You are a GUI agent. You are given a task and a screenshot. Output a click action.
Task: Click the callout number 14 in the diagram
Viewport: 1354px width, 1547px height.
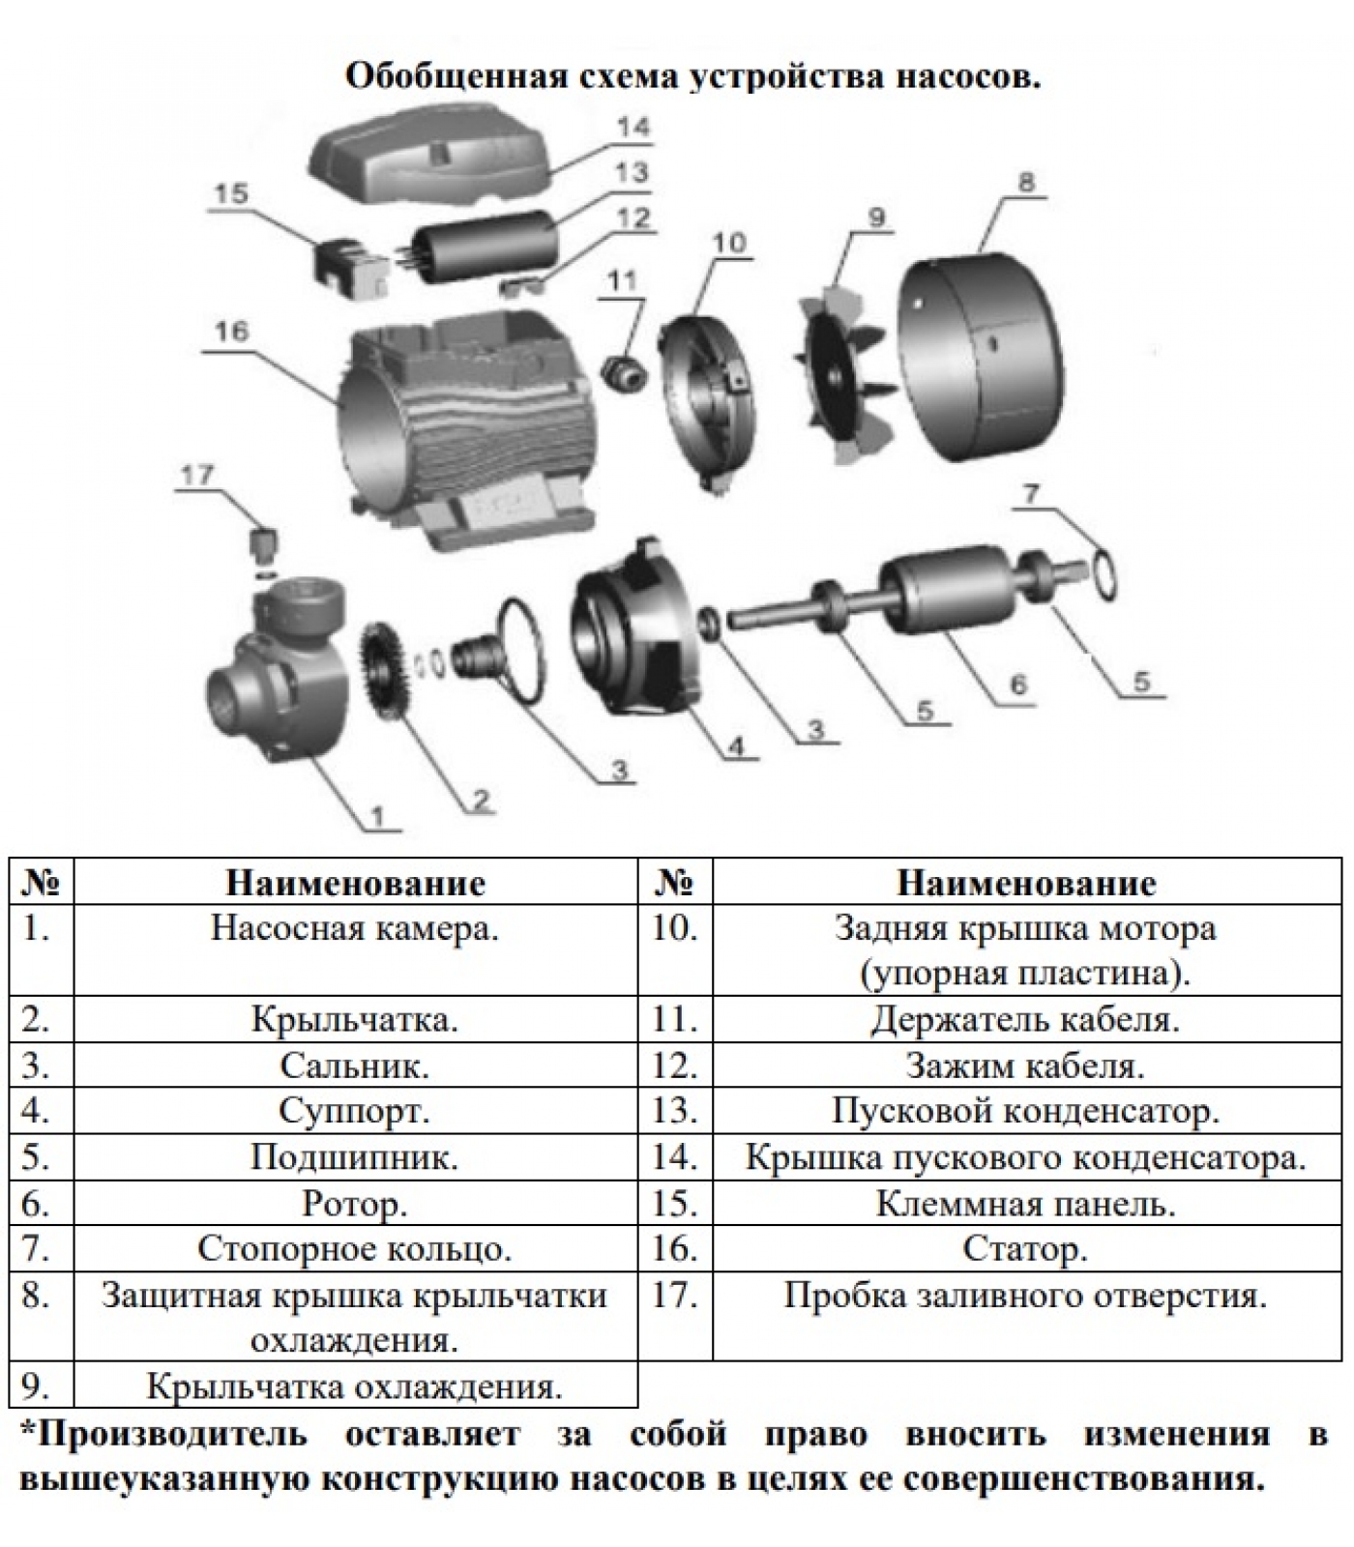click(x=635, y=128)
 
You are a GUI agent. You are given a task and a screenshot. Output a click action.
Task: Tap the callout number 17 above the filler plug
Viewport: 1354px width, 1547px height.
click(x=196, y=475)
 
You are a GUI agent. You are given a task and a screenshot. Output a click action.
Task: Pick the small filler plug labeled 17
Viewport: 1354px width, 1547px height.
click(x=264, y=546)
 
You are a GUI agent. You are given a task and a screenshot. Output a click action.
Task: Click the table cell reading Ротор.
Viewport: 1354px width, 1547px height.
click(x=355, y=1204)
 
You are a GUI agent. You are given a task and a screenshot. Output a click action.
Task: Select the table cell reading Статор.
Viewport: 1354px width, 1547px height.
click(x=1025, y=1249)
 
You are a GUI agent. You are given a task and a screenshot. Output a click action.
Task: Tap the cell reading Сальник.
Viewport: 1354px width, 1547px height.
click(x=355, y=1065)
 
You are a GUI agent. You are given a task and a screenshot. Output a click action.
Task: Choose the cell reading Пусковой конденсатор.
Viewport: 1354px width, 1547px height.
click(x=1025, y=1111)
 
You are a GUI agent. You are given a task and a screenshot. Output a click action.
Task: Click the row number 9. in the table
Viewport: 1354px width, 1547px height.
click(x=36, y=1386)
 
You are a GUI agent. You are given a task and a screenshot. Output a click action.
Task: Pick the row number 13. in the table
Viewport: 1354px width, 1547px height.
click(x=674, y=1111)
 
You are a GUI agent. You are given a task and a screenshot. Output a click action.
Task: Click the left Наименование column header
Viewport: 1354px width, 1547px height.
click(x=355, y=883)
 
